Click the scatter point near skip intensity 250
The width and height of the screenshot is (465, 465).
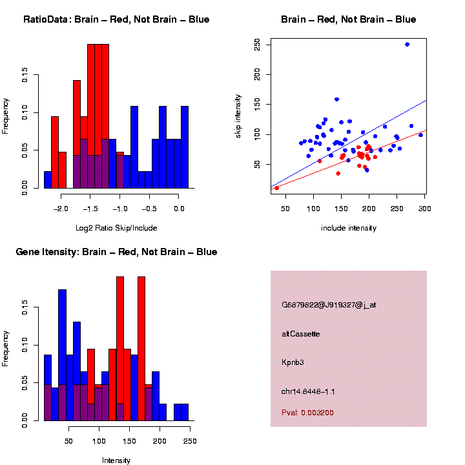(x=407, y=45)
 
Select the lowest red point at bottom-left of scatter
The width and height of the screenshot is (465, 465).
(x=277, y=188)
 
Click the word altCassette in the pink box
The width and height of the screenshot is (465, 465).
(x=300, y=334)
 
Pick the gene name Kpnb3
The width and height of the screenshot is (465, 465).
(x=293, y=362)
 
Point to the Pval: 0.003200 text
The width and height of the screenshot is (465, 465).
(x=307, y=412)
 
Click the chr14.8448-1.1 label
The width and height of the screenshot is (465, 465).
(x=307, y=391)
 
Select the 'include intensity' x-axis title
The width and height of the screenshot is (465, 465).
(x=349, y=228)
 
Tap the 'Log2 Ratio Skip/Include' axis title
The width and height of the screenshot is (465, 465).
(x=116, y=228)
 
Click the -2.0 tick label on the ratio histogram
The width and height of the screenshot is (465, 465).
(x=61, y=209)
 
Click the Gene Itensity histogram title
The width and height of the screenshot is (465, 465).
(x=116, y=252)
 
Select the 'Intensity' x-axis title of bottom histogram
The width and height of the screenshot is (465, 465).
(x=116, y=460)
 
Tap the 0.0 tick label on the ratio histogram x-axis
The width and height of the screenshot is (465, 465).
(x=178, y=209)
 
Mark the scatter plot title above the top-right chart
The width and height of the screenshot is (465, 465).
(x=349, y=19)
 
